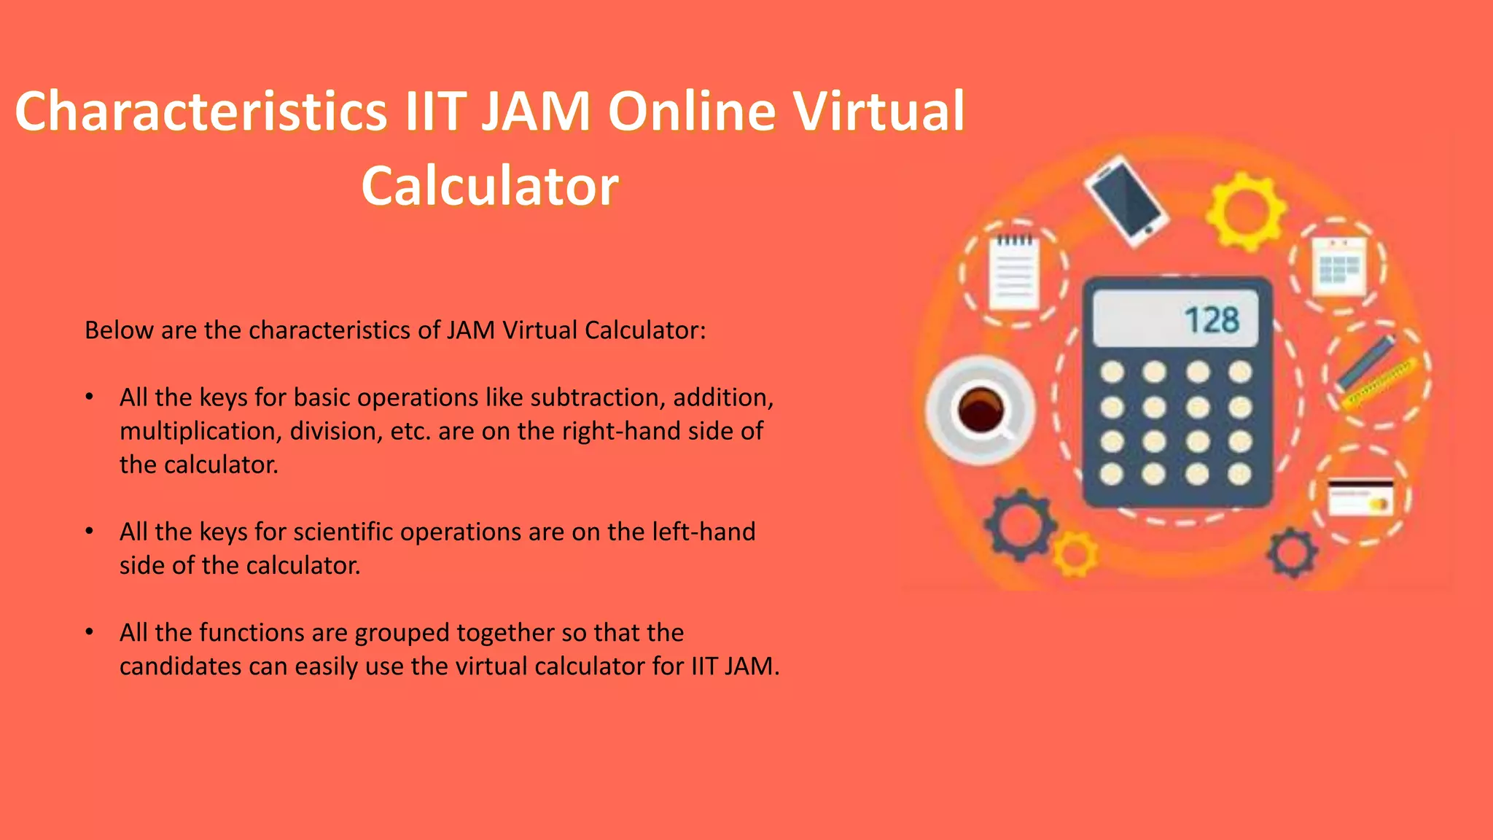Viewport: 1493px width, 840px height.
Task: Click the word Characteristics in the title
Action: [200, 112]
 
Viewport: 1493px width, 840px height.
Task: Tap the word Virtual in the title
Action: [878, 112]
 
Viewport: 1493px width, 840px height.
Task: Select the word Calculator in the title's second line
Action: [490, 186]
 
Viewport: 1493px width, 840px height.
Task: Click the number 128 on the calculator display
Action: [1211, 320]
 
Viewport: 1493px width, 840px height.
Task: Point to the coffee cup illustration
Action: [980, 409]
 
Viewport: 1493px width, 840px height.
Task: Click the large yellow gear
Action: [1245, 211]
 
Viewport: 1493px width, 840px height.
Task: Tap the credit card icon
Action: [1360, 497]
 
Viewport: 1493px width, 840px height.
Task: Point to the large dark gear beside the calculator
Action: [1020, 524]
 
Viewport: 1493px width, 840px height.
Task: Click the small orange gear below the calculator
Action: [1075, 554]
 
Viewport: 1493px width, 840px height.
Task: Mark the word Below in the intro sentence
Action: [119, 330]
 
